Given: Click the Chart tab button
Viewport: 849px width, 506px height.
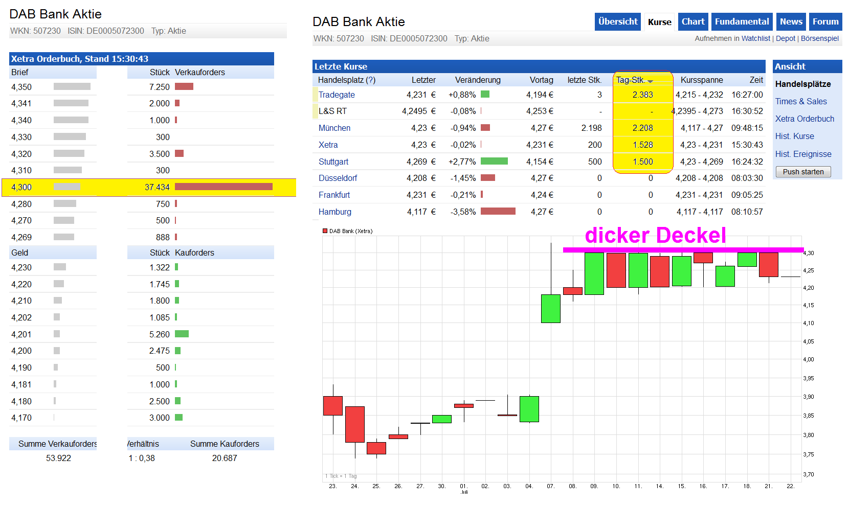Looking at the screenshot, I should pos(692,22).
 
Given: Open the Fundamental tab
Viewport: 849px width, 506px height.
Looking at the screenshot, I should pos(742,22).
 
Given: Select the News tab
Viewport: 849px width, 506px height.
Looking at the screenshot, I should pos(791,22).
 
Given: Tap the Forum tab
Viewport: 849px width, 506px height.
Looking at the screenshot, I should pos(825,22).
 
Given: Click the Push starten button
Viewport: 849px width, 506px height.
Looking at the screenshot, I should pos(803,172).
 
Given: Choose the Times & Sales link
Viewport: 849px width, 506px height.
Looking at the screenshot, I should pos(801,101).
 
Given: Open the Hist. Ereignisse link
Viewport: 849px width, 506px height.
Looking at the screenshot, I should pos(803,154).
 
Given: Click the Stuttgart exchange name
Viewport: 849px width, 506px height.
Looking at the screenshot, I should pos(333,162).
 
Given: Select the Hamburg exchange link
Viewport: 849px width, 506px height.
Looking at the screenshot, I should pos(335,212).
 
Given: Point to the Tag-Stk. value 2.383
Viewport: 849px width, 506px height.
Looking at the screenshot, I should pos(642,95).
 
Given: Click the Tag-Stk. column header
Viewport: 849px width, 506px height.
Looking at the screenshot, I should pos(634,80).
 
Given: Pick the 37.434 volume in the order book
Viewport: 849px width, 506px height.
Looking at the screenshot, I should pos(157,187).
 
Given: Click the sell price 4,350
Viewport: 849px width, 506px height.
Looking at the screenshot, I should pos(21,87).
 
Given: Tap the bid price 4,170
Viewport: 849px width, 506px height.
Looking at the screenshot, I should pos(21,418).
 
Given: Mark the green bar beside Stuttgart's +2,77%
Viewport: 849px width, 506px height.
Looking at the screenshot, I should pos(494,161).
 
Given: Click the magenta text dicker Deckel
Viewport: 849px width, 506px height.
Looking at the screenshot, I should pos(655,235).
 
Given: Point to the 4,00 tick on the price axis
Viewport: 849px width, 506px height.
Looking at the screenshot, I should pos(808,359).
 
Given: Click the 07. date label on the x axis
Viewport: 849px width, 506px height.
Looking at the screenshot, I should pos(550,486).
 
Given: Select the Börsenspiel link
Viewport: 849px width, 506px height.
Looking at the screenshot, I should pos(819,38).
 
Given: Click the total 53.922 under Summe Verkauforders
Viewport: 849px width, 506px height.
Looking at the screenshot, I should pos(58,458).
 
